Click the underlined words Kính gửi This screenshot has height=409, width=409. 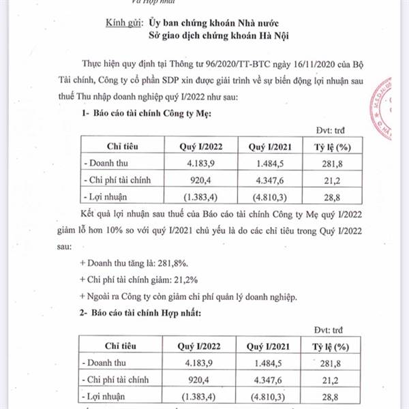125,22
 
